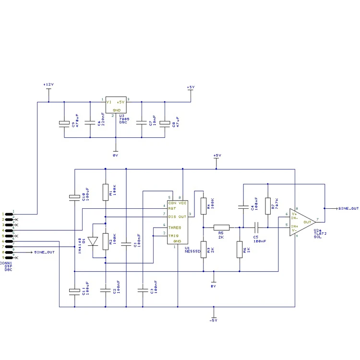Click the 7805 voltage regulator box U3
pos(115,105)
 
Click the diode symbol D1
pos(94,241)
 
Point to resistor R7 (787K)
pos(267,205)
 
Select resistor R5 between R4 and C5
pos(221,228)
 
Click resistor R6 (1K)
pos(239,250)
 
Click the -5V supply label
pos(214,320)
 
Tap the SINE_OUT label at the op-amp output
pos(348,209)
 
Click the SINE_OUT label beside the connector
pos(45,252)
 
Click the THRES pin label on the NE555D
pos(174,228)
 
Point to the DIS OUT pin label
pos(177,216)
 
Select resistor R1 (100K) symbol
pos(105,192)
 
